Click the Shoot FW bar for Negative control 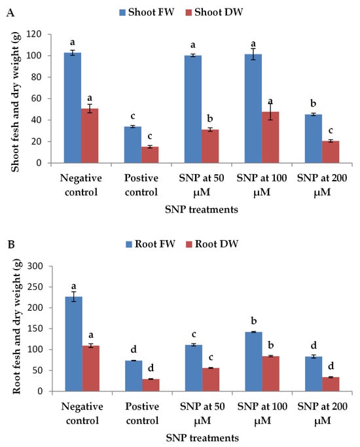click(x=73, y=108)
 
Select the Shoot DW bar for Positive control click(x=150, y=155)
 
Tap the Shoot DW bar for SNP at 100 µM click(x=270, y=137)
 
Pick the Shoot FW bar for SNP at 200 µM click(x=314, y=139)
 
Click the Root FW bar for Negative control click(x=73, y=344)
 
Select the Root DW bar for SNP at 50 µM click(x=211, y=380)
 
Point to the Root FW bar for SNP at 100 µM click(x=253, y=361)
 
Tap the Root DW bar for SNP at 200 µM click(x=331, y=384)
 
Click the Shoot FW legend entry click(x=147, y=12)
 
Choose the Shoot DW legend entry click(x=214, y=12)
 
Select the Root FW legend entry click(x=151, y=244)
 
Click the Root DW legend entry click(x=212, y=244)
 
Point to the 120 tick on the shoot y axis click(x=34, y=34)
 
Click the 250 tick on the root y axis click(x=35, y=287)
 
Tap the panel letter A click(x=10, y=13)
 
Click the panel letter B click(x=11, y=245)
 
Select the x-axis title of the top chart click(x=202, y=210)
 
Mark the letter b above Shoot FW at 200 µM click(x=314, y=103)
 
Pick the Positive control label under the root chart click(x=142, y=414)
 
